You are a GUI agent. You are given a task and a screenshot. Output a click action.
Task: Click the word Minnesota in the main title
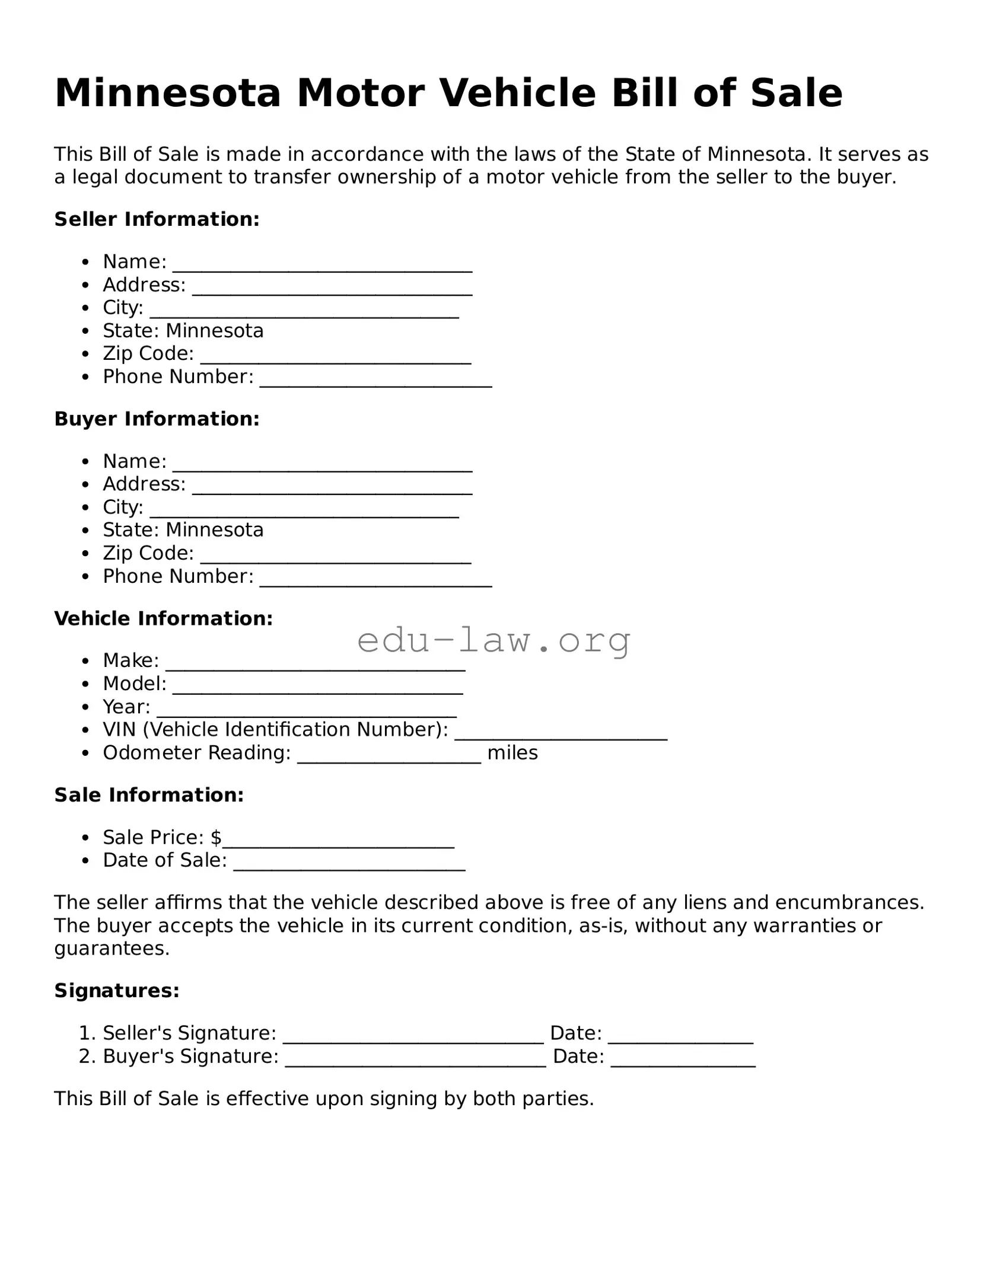pos(167,94)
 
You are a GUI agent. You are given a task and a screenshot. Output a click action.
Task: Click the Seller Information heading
pos(157,219)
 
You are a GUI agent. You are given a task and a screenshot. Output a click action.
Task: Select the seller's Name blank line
pos(322,264)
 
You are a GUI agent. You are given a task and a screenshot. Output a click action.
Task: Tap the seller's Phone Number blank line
pos(375,379)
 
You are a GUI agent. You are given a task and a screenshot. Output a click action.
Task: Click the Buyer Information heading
pos(157,419)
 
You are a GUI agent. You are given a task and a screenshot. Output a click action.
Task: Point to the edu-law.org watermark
pos(493,640)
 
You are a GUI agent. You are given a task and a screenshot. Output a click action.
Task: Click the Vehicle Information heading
pos(164,618)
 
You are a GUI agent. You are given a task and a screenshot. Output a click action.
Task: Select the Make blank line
pos(315,663)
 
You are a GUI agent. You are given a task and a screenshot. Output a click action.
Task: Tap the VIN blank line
pos(561,732)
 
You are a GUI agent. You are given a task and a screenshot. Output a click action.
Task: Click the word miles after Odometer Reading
pos(512,753)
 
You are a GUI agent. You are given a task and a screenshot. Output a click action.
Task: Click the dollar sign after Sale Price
pos(216,837)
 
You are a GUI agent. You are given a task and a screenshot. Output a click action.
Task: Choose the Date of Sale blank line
pos(349,863)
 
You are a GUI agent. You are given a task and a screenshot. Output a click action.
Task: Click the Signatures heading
pos(117,991)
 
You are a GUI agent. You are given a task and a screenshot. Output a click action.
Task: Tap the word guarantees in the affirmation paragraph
pos(112,949)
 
